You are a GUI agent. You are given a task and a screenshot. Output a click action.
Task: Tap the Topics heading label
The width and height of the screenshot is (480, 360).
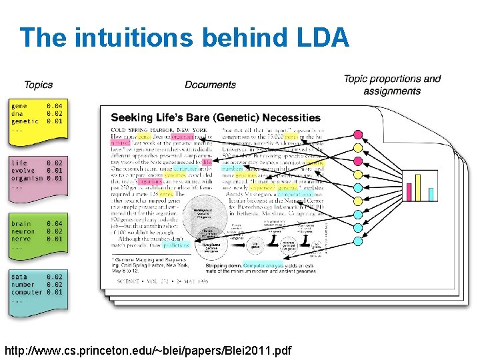[x=38, y=85]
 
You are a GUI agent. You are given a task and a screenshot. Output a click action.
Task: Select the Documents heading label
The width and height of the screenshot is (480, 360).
[x=210, y=85]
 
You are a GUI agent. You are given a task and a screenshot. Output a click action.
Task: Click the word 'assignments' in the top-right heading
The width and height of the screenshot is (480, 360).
[x=392, y=91]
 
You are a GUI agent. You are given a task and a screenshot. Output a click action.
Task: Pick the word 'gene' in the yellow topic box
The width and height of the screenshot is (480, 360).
[x=19, y=106]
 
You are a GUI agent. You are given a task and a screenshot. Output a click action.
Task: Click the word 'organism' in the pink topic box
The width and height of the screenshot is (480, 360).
[x=27, y=179]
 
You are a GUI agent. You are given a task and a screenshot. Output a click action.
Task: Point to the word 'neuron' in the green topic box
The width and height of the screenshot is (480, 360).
[x=23, y=231]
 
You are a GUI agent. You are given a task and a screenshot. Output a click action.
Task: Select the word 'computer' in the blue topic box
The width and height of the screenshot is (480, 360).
[x=27, y=292]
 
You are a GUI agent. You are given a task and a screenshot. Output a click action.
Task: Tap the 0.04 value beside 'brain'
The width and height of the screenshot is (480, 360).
[x=55, y=223]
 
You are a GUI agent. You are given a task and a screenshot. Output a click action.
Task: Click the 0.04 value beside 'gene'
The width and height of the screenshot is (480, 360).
[x=55, y=106]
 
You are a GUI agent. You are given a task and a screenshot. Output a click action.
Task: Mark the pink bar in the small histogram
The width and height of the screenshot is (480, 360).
[x=409, y=191]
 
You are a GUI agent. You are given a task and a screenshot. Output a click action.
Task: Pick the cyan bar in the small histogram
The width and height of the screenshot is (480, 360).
[x=431, y=194]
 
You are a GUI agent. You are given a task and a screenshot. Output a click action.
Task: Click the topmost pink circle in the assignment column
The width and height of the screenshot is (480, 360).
[x=357, y=135]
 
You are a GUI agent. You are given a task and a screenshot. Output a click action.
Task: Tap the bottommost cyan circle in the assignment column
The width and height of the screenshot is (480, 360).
[x=357, y=252]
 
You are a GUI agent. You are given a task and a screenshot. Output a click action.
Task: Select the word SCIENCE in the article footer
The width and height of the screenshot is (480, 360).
[x=129, y=281]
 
